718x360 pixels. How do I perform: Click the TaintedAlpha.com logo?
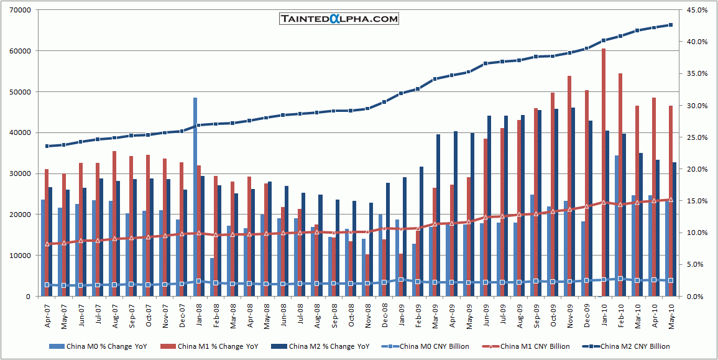click(339, 19)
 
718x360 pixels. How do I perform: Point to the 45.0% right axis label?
click(694, 11)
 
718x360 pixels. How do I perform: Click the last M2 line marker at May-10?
click(670, 25)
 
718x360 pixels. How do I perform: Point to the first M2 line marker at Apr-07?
click(47, 146)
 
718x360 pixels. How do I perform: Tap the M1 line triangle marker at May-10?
click(670, 200)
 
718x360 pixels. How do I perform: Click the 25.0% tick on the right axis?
click(694, 137)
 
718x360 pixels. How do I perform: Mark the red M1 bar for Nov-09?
click(569, 186)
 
